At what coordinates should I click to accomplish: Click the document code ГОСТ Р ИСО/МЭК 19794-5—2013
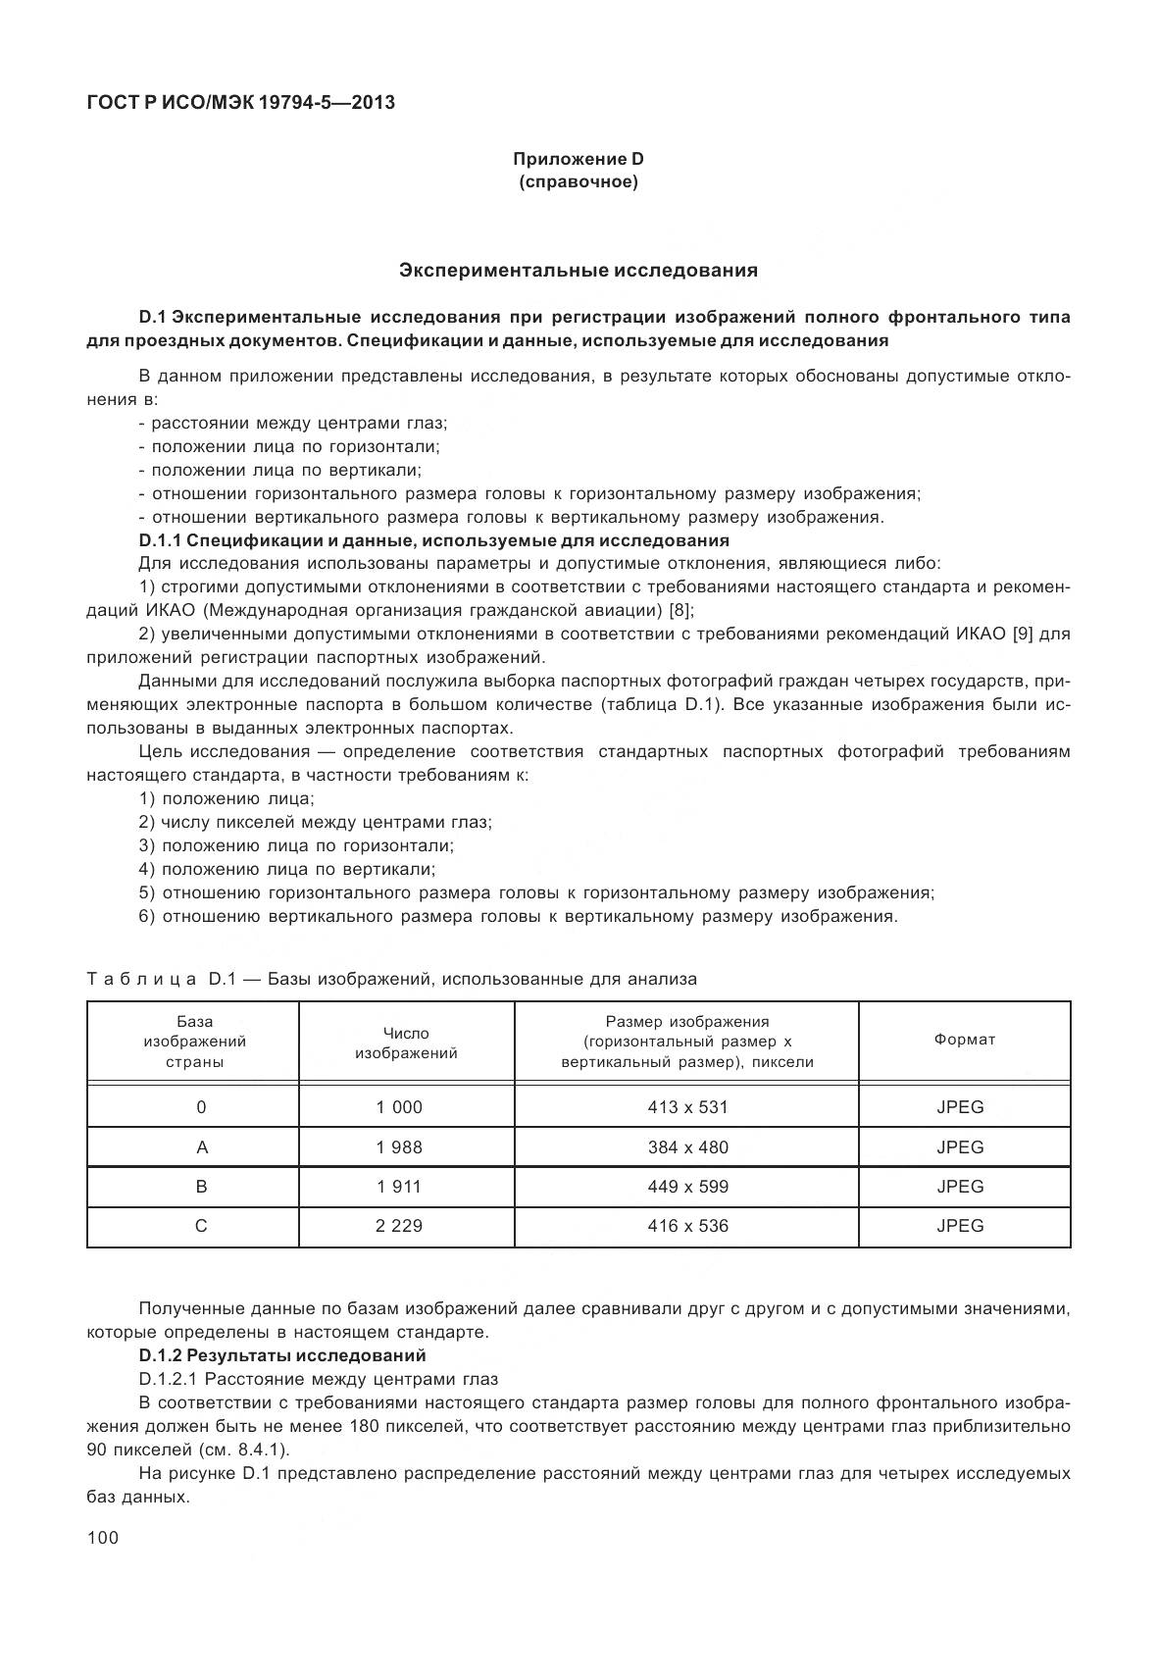tap(240, 101)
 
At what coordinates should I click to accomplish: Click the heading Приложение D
tap(579, 159)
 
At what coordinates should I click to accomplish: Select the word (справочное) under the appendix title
tap(579, 182)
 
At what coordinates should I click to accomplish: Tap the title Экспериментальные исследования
tap(579, 270)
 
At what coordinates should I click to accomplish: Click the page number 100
tap(103, 1538)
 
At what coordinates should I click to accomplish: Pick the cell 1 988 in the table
tap(399, 1146)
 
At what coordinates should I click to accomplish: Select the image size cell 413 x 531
tap(687, 1107)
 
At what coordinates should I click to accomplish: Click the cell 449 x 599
tap(687, 1186)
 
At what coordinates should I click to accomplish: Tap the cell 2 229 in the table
tap(399, 1226)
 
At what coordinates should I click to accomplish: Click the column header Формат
tap(964, 1040)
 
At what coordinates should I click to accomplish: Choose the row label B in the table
tap(201, 1186)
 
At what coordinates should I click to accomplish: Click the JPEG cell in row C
tap(960, 1226)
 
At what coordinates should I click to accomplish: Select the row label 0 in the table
tap(201, 1107)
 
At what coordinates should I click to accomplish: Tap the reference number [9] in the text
tap(1023, 634)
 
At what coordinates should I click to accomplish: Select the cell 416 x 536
tap(687, 1226)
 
